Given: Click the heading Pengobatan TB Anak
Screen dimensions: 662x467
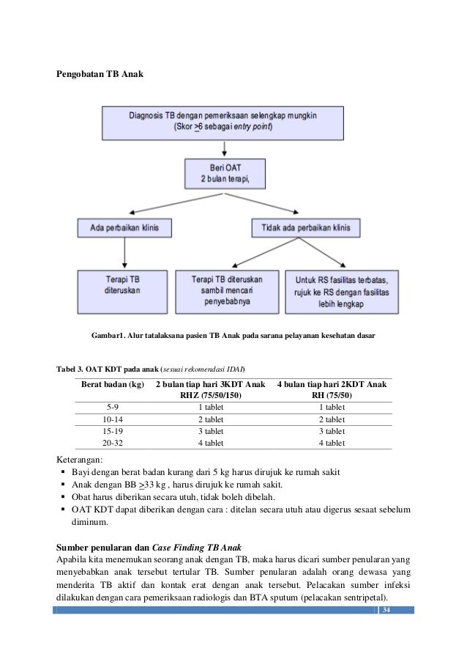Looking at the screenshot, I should point(102,76).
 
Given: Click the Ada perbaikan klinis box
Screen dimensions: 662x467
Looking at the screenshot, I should point(124,228).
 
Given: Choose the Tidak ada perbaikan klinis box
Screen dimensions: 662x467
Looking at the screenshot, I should point(306,228).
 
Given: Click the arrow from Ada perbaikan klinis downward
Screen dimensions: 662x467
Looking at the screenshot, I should point(124,253).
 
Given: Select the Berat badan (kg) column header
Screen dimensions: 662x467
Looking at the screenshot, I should point(113,384).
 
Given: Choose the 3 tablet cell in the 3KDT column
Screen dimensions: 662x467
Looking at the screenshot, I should point(212,431).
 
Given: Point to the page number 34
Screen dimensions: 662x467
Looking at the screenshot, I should point(387,611).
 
